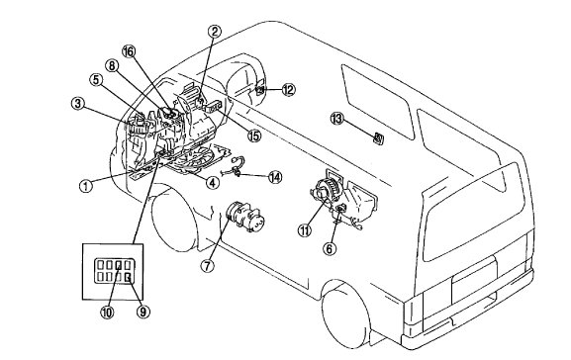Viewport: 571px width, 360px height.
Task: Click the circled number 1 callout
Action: (x=86, y=186)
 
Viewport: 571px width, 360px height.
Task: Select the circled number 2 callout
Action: (x=215, y=32)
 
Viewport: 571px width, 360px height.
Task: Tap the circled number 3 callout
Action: (x=78, y=104)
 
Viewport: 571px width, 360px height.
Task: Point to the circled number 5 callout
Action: (x=96, y=80)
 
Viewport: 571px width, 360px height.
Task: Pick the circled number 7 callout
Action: (x=207, y=266)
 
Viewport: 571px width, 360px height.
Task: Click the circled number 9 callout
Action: (x=143, y=312)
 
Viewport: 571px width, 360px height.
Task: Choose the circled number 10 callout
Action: (x=107, y=312)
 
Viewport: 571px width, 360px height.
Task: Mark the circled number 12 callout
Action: (x=288, y=89)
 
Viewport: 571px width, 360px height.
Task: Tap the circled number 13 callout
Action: (x=337, y=118)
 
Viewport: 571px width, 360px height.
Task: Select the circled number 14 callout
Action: (x=275, y=177)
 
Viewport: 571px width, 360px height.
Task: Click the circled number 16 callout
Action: (x=129, y=51)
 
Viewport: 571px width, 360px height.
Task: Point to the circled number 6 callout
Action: (x=330, y=248)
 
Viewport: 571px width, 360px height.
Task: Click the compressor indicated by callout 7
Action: (x=245, y=217)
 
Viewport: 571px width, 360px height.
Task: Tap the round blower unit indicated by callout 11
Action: (x=325, y=188)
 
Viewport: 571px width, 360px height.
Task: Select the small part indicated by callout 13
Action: (x=378, y=137)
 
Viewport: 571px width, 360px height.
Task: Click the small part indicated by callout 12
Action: (x=260, y=88)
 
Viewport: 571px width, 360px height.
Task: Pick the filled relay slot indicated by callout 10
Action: (x=119, y=264)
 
